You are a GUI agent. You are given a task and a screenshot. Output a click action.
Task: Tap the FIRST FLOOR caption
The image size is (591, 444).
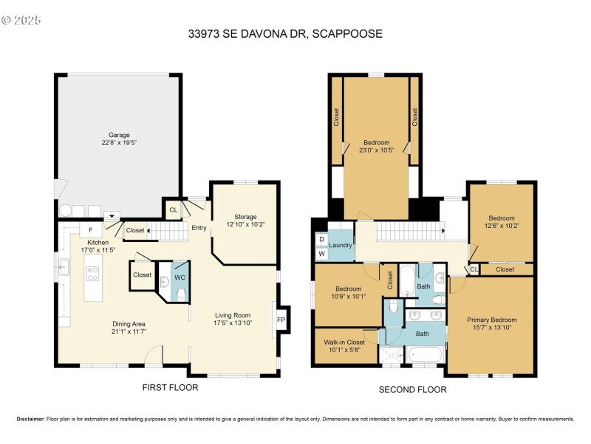[171, 388]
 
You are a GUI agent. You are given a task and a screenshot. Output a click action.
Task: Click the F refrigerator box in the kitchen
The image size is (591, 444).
[90, 230]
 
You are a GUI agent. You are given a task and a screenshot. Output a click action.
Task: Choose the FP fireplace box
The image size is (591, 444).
[281, 320]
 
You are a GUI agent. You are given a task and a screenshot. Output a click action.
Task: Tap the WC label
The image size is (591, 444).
[180, 277]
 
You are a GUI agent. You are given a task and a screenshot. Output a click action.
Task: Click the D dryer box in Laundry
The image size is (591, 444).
[322, 240]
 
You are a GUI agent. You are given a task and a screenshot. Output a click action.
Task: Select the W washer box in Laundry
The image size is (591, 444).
[322, 254]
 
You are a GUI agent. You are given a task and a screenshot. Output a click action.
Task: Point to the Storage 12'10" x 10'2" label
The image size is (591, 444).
[245, 221]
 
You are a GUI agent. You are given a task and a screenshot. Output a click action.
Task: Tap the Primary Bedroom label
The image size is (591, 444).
[489, 323]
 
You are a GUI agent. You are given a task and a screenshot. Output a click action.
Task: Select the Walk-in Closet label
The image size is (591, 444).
[345, 346]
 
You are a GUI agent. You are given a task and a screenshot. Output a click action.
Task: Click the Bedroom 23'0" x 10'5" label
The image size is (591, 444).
[376, 146]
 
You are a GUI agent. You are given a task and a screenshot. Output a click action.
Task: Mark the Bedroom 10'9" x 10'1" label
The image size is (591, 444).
[348, 292]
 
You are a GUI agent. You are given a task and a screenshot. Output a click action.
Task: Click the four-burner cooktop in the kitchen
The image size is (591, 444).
[93, 274]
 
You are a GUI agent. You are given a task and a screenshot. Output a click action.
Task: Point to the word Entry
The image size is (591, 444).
[199, 227]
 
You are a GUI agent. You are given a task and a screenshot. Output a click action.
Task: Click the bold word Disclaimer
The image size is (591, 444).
[30, 419]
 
